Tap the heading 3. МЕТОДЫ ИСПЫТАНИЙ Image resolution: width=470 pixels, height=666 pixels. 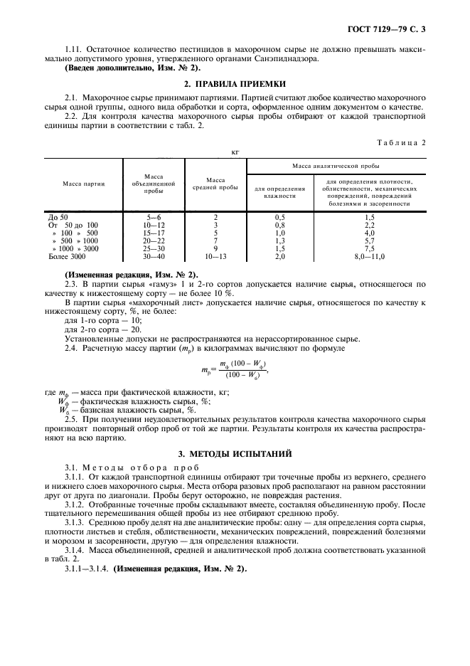tap(235, 453)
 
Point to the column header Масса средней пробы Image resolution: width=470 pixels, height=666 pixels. tap(215, 184)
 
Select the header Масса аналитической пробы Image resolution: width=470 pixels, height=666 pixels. tap(336, 165)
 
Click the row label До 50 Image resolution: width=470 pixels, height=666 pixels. tap(58, 216)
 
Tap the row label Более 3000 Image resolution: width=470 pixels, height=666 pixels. tap(65, 255)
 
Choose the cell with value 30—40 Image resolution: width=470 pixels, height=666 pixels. tap(154, 255)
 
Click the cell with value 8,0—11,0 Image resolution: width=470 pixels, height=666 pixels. tap(369, 255)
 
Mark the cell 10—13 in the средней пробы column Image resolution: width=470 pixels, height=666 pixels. tap(215, 255)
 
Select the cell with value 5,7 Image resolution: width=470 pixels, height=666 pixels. tap(369, 240)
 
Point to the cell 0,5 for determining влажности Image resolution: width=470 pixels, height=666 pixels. tap(279, 216)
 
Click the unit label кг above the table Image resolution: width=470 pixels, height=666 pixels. tap(235, 152)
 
